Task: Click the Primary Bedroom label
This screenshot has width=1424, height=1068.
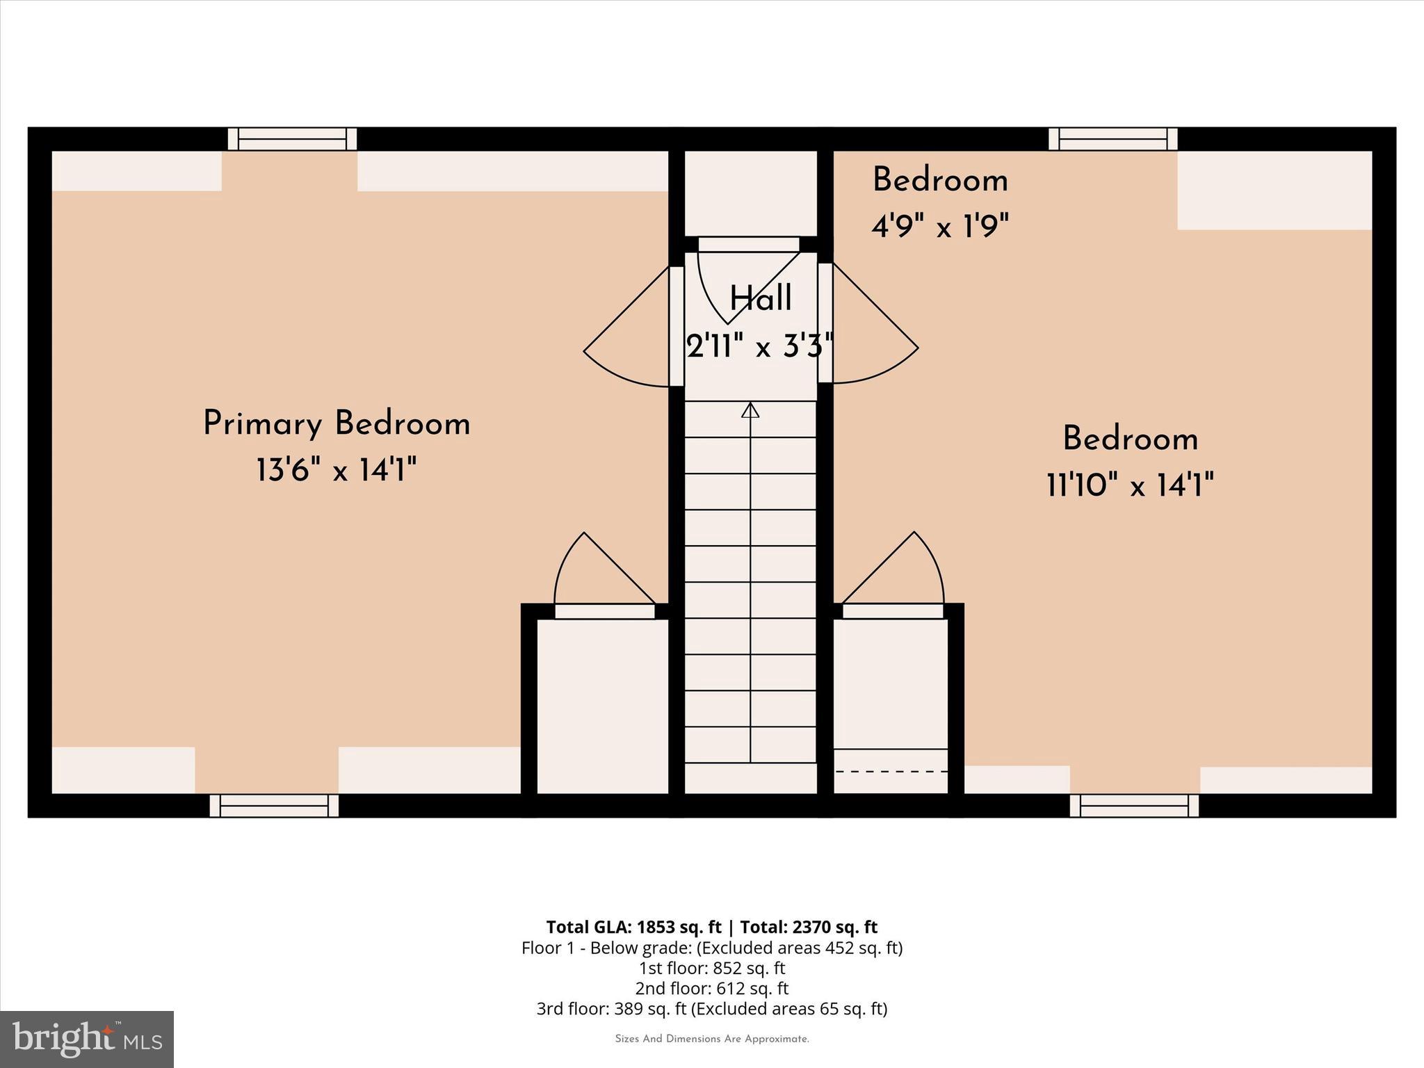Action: point(337,424)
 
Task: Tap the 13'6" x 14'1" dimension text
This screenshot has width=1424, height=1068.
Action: point(337,471)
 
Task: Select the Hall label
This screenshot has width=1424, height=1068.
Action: point(760,299)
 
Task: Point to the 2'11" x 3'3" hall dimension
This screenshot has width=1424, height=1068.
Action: point(759,346)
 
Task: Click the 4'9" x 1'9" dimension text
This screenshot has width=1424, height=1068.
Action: point(940,226)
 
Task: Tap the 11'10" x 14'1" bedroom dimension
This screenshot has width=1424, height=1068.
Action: point(1130,485)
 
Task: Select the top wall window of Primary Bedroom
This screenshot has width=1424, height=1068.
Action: point(292,139)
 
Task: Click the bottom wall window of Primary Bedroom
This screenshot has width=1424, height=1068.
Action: point(274,806)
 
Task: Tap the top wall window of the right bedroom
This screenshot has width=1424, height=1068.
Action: point(1112,139)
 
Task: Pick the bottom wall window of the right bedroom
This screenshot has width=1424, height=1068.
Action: point(1134,806)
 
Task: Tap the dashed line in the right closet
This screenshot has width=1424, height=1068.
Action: point(891,771)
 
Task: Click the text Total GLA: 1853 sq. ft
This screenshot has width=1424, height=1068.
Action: point(633,927)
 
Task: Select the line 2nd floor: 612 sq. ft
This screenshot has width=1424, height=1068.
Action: point(711,988)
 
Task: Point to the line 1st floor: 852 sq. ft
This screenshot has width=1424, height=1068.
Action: point(711,968)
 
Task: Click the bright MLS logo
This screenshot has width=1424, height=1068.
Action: point(87,1039)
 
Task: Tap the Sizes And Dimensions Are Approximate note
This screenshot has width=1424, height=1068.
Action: point(711,1039)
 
